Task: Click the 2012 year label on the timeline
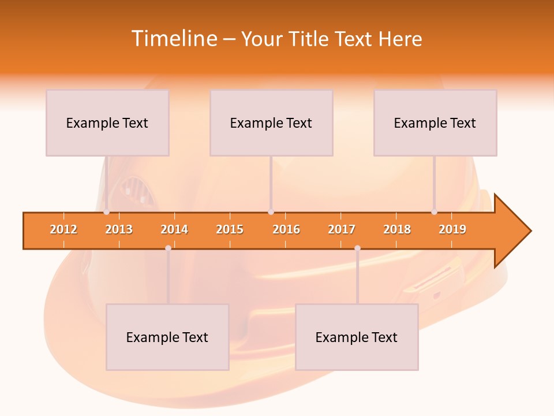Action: pyautogui.click(x=63, y=229)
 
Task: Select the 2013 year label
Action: pyautogui.click(x=119, y=229)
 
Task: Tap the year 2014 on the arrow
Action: pyautogui.click(x=174, y=229)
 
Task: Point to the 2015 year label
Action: pyautogui.click(x=230, y=229)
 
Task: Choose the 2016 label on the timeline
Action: pyautogui.click(x=286, y=229)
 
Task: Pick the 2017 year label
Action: pyautogui.click(x=342, y=229)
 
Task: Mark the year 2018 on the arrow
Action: pyautogui.click(x=397, y=229)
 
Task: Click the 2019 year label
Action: pyautogui.click(x=452, y=229)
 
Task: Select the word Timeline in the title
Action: pyautogui.click(x=173, y=39)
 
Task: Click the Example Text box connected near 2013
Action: pyautogui.click(x=107, y=122)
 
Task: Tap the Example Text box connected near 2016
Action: pyautogui.click(x=271, y=122)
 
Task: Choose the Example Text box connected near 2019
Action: pyautogui.click(x=435, y=122)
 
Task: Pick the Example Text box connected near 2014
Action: pyautogui.click(x=167, y=337)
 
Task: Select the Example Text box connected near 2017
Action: pyautogui.click(x=357, y=337)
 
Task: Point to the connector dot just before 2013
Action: pyautogui.click(x=107, y=212)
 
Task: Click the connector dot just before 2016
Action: pyautogui.click(x=271, y=212)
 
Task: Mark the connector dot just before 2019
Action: pyautogui.click(x=435, y=212)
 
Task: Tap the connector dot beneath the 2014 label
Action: pyautogui.click(x=168, y=248)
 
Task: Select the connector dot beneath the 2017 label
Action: pyautogui.click(x=357, y=248)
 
